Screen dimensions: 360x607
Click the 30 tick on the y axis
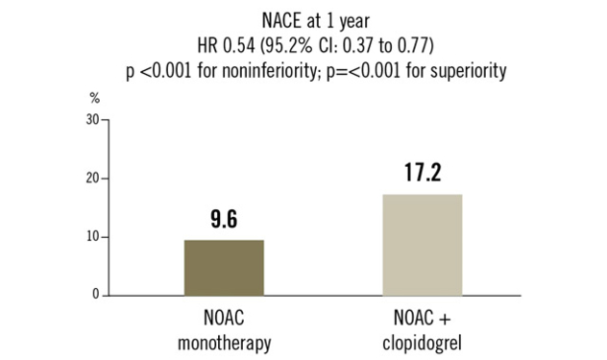[92, 119]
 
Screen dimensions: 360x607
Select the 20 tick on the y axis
[92, 179]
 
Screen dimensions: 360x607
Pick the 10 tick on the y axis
[92, 237]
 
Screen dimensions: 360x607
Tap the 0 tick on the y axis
[96, 296]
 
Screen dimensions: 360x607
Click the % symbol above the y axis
[94, 100]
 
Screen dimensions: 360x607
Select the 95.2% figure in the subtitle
[292, 46]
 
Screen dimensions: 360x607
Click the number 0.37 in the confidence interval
[359, 46]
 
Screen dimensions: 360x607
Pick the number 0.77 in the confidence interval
[417, 46]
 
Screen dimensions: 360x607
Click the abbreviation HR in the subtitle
[204, 46]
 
